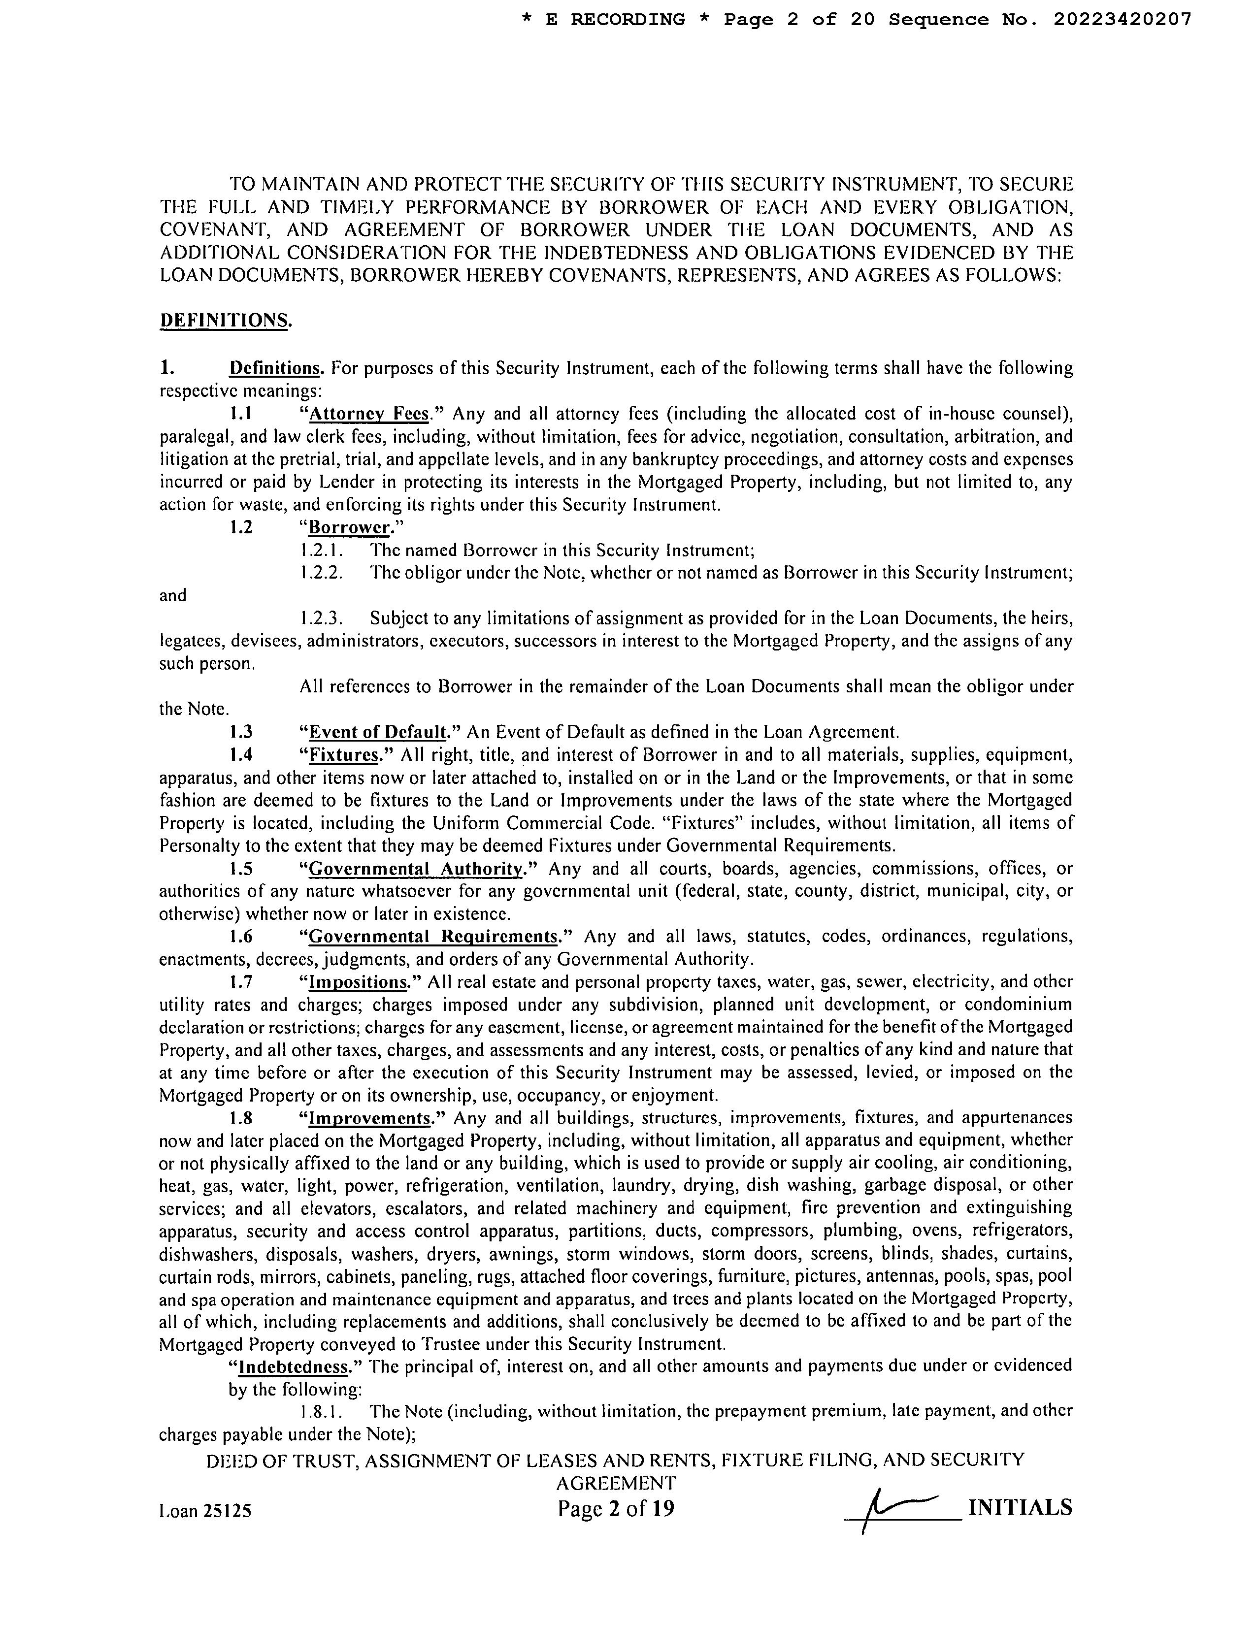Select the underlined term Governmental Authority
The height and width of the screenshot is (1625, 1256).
pyautogui.click(x=416, y=868)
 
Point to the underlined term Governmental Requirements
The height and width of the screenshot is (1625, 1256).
pyautogui.click(x=433, y=936)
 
